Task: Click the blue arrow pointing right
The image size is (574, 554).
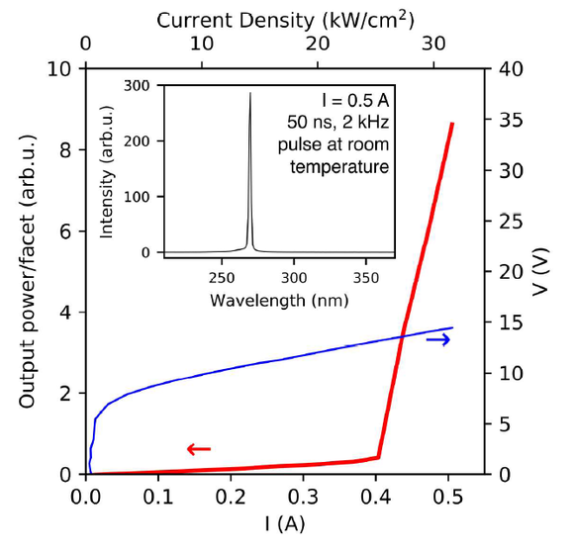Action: pos(437,339)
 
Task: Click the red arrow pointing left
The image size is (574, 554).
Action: pos(199,449)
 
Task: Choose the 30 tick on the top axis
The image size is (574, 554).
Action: pos(432,45)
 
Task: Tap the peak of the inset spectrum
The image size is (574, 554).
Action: pos(250,94)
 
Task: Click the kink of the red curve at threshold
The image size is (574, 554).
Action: pos(378,457)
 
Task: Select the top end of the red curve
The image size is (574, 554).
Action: pos(452,124)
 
